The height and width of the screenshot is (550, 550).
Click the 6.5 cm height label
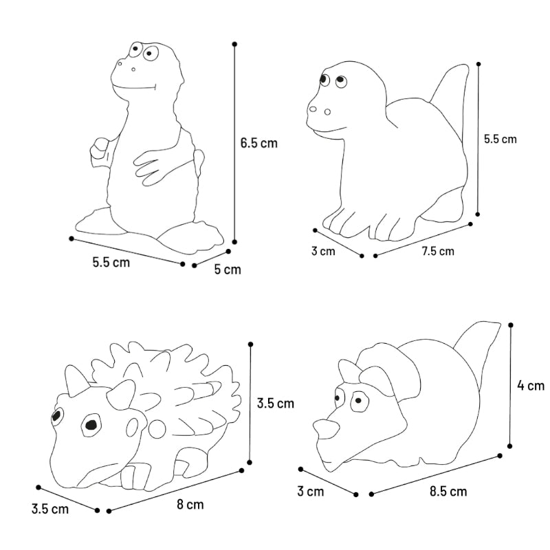tap(259, 143)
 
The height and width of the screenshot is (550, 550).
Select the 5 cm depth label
tap(228, 269)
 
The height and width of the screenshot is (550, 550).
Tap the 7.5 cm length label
tap(438, 251)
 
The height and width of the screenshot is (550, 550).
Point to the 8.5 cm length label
tap(448, 492)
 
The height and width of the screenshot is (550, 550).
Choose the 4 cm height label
tap(531, 386)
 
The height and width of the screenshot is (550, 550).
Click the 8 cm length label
tap(190, 505)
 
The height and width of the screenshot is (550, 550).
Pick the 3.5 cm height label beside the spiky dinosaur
tap(276, 404)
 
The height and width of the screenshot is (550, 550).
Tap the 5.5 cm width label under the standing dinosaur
tap(111, 263)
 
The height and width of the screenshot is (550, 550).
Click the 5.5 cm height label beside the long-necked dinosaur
tap(500, 139)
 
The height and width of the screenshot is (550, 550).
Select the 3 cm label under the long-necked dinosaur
tap(323, 251)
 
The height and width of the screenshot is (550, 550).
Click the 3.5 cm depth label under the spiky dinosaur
tap(50, 509)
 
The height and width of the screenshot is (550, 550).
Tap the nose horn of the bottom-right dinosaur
tap(326, 429)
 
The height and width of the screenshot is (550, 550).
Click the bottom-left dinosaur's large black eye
tap(91, 424)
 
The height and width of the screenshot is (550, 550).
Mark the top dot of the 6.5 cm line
tap(234, 44)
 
